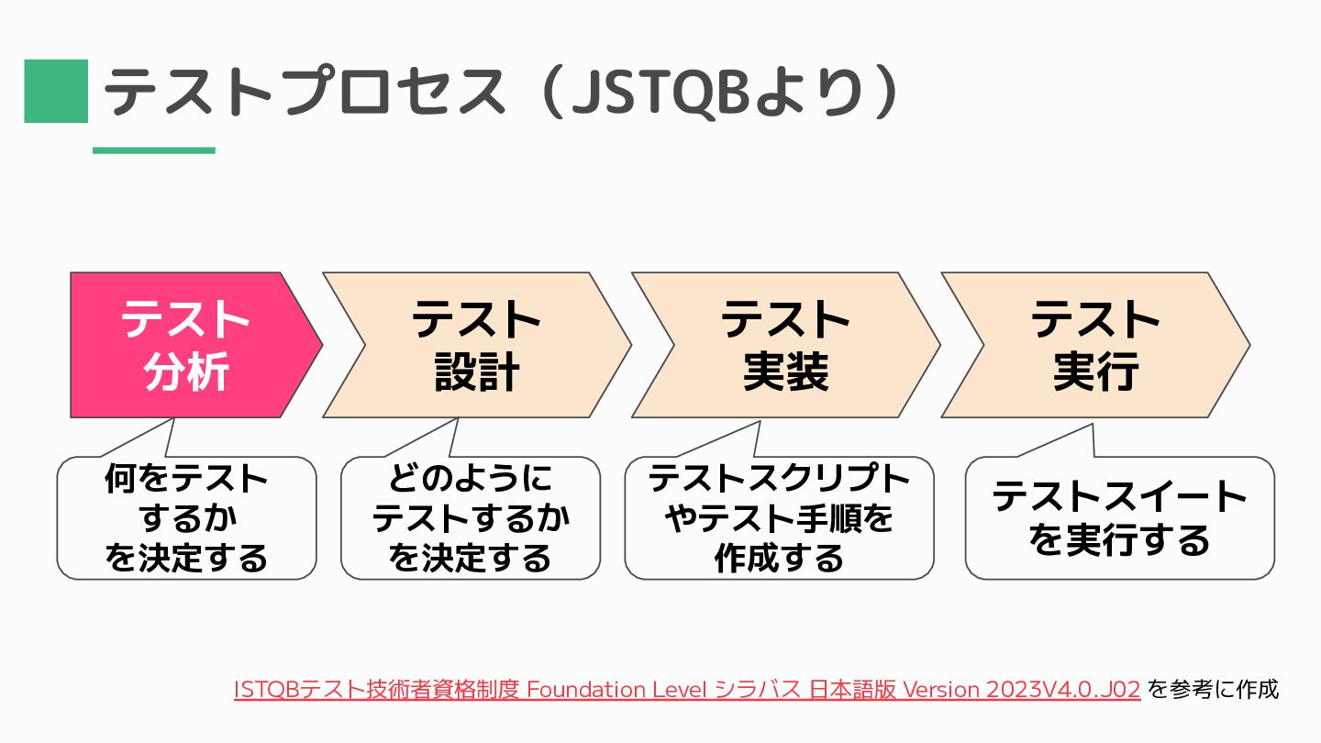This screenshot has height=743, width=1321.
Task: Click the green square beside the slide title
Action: point(56,91)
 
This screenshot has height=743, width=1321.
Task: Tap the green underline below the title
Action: point(154,150)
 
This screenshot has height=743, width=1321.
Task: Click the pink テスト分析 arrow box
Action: point(183,345)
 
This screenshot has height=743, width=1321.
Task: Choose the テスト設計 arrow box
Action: point(477,345)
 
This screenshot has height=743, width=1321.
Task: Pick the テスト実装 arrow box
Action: point(785,345)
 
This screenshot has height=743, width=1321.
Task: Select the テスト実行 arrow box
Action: point(1095,345)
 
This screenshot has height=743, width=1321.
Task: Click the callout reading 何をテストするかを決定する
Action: point(186,518)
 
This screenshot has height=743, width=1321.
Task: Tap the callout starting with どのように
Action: point(471,518)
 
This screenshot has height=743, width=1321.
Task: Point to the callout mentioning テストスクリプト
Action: point(779,518)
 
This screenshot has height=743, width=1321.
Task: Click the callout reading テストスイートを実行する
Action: point(1120,518)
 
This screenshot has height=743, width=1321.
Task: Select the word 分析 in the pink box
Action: point(186,372)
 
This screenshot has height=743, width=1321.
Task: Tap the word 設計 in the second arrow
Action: point(477,372)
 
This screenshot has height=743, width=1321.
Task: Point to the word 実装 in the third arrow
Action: point(785,372)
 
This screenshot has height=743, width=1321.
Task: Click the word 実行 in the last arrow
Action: point(1095,372)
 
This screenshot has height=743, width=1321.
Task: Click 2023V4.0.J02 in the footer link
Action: point(1064,689)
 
